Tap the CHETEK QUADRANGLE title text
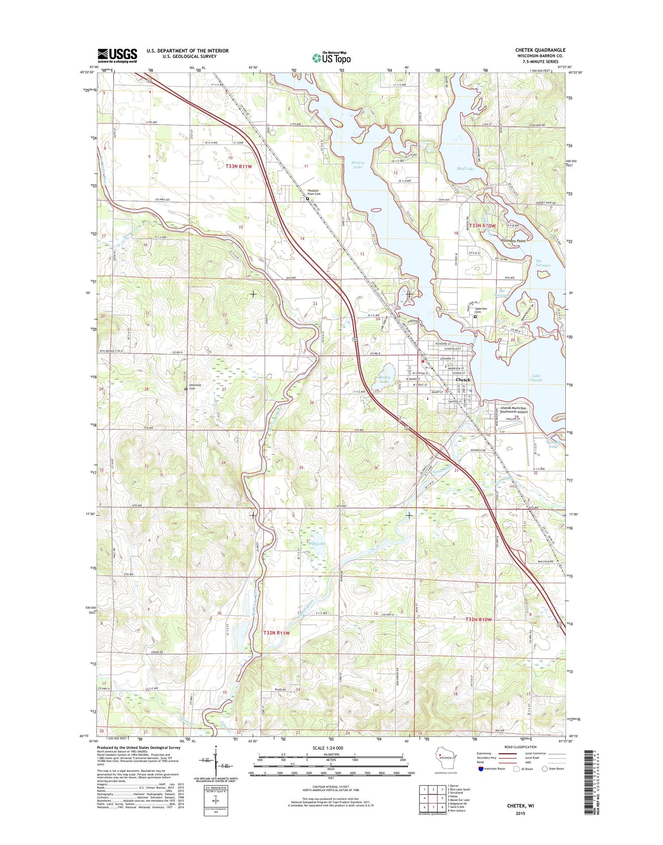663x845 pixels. pos(540,50)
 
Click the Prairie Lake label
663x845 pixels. pos(358,165)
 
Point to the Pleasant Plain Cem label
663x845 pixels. pos(314,192)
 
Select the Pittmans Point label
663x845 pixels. pos(513,241)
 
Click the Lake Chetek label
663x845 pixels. pos(536,377)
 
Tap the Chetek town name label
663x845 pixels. pos(463,380)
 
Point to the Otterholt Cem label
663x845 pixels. pos(195,387)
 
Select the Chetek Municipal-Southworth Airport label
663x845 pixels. pos(514,410)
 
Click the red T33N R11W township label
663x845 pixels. pos(239,166)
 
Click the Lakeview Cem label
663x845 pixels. pos(481,310)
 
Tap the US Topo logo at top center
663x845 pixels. pos(331,57)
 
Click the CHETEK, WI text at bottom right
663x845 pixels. pos(520,806)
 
